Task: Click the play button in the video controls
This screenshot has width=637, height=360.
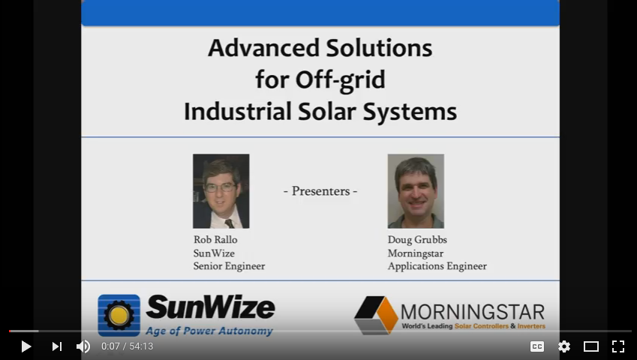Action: coord(26,346)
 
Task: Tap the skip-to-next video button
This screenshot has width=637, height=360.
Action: coord(57,346)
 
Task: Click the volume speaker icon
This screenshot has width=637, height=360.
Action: coord(83,346)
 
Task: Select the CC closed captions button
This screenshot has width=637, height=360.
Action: coord(537,346)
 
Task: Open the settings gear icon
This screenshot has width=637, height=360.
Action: coord(564,346)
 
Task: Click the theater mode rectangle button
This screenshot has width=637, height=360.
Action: coord(591,346)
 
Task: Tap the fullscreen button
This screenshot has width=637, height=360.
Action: coord(618,346)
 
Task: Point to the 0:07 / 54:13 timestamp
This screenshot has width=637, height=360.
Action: coord(127,346)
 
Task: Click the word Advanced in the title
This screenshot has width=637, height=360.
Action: coord(264,48)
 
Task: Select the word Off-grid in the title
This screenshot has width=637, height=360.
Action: coord(340,80)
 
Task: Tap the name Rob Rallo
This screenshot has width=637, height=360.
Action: coord(215,240)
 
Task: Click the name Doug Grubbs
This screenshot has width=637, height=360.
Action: coord(417,240)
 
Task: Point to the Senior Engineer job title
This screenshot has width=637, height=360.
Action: coord(229,266)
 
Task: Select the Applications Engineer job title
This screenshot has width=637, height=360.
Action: coord(437,266)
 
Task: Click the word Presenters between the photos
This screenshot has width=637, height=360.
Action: coord(320,191)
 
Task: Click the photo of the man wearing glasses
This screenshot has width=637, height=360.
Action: coord(221,191)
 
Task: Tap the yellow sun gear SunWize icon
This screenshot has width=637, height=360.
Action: coord(119,315)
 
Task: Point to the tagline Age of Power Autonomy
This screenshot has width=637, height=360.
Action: coord(209,331)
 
